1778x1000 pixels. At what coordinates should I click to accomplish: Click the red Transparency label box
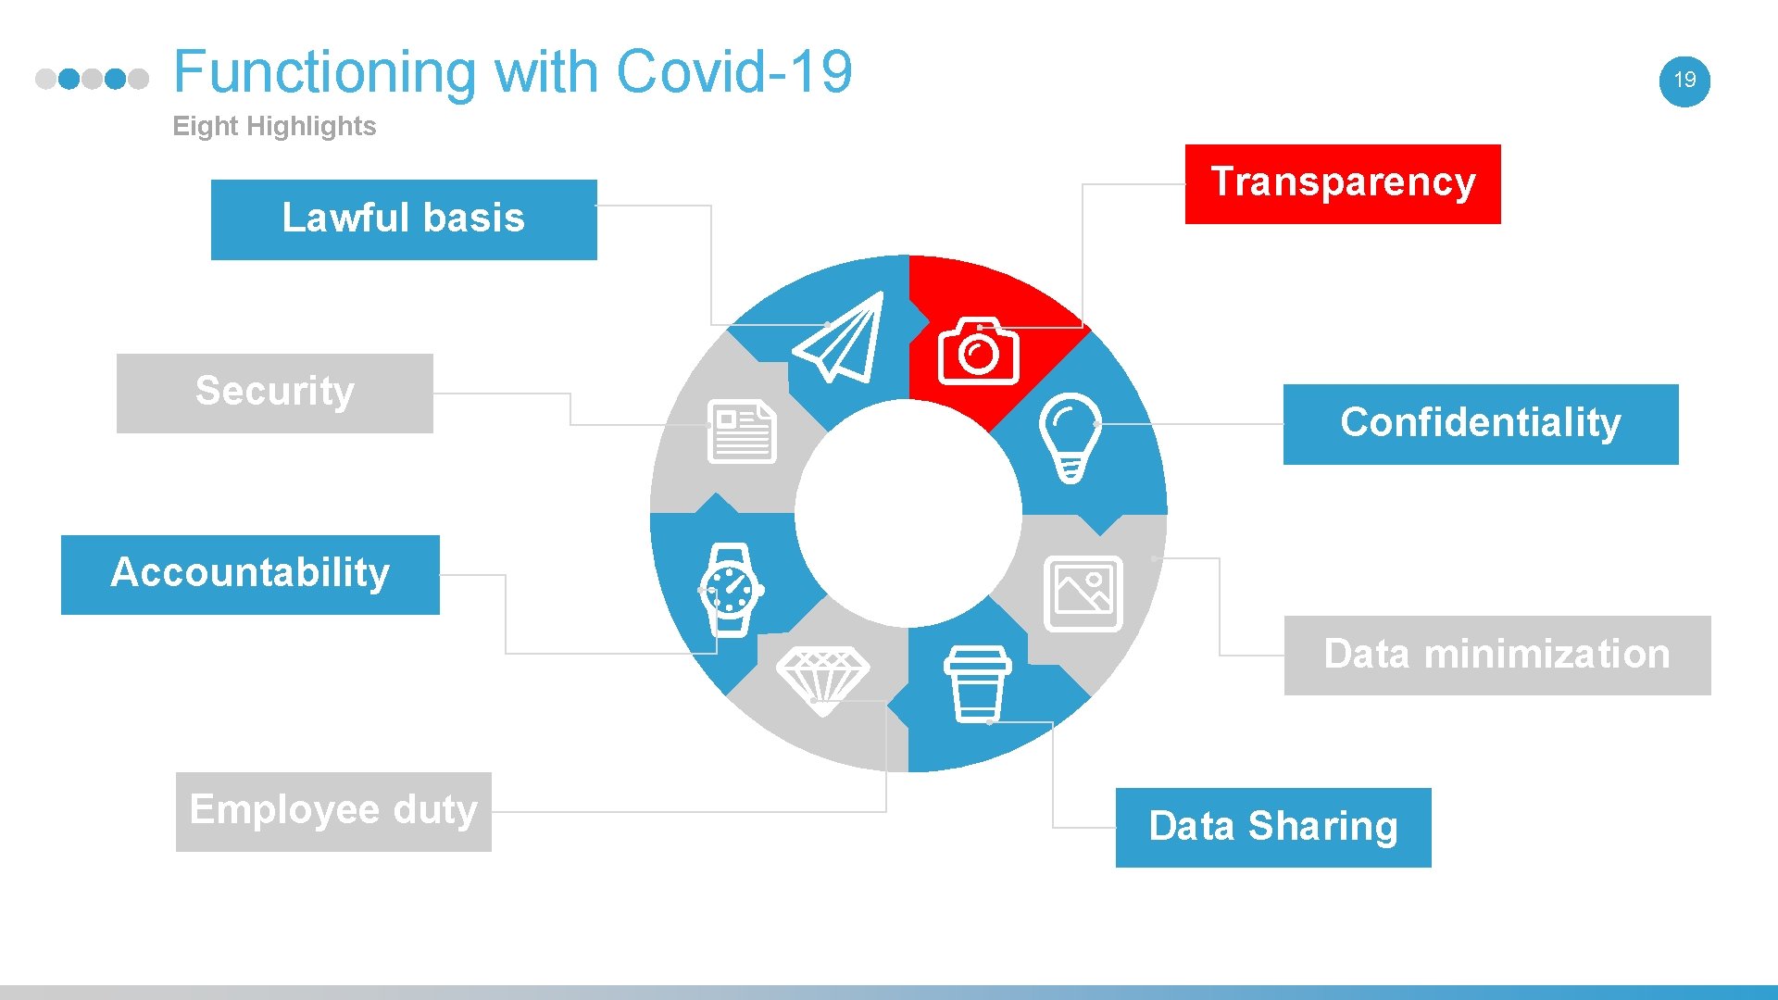point(1342,183)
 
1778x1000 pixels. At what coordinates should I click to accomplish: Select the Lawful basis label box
point(404,219)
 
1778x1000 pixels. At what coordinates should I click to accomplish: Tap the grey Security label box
point(274,393)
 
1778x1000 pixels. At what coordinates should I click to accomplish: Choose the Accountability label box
point(250,574)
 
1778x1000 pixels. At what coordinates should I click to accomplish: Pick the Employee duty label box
point(333,811)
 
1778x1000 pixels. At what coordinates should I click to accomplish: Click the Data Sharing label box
point(1272,827)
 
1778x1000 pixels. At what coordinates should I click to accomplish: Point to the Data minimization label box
point(1496,655)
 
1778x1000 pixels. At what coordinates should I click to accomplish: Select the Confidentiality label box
point(1480,424)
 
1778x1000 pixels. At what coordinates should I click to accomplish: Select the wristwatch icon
point(731,590)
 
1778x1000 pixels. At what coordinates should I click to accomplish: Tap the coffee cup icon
point(977,683)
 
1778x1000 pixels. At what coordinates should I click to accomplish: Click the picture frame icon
point(1083,594)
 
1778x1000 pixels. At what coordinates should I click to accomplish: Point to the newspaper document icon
point(741,431)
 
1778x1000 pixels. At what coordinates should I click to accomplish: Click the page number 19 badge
point(1684,81)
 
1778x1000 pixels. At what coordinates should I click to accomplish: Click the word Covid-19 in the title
point(733,72)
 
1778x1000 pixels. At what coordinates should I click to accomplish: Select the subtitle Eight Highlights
point(274,126)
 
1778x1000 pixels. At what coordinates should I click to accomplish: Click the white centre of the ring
point(908,513)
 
